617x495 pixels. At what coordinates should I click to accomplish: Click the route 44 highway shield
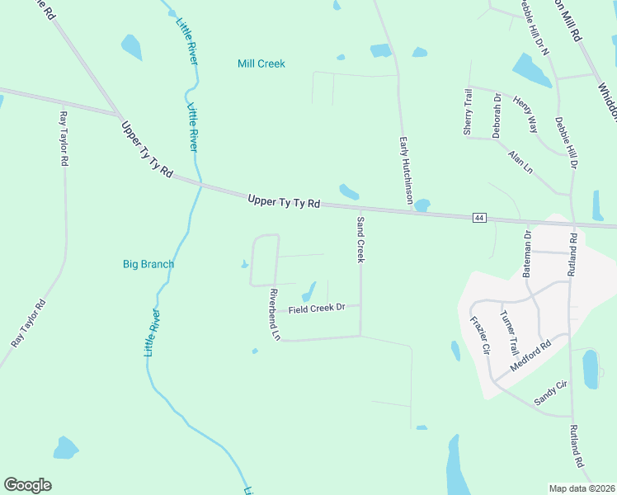(479, 217)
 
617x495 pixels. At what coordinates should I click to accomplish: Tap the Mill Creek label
(261, 64)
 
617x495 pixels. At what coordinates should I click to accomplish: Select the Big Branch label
(148, 264)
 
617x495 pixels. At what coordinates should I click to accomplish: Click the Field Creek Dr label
(317, 308)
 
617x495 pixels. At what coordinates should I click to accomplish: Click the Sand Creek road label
(360, 239)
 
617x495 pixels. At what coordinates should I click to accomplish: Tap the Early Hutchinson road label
(406, 171)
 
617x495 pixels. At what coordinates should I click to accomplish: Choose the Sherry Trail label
(468, 112)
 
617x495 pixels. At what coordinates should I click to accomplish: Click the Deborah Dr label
(497, 115)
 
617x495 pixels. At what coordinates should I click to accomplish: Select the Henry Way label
(525, 114)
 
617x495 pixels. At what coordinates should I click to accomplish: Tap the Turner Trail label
(507, 328)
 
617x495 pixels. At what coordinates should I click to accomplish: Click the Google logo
(27, 484)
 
